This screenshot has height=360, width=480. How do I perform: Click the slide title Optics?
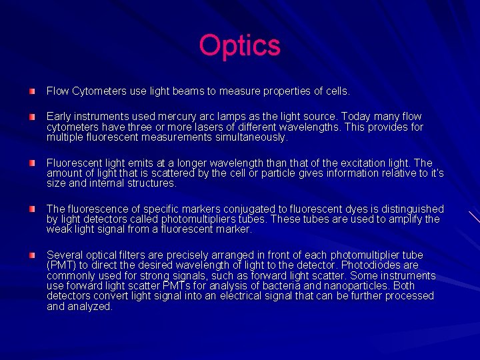point(240,46)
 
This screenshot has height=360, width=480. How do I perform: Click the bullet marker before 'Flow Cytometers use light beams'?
point(32,90)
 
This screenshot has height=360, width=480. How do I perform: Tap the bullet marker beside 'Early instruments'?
point(32,117)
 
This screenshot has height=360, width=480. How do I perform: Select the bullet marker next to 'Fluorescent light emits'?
point(32,163)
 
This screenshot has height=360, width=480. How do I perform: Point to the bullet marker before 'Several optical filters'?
point(32,255)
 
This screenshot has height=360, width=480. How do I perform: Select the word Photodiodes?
point(367,265)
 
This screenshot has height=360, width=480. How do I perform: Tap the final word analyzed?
point(90,307)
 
